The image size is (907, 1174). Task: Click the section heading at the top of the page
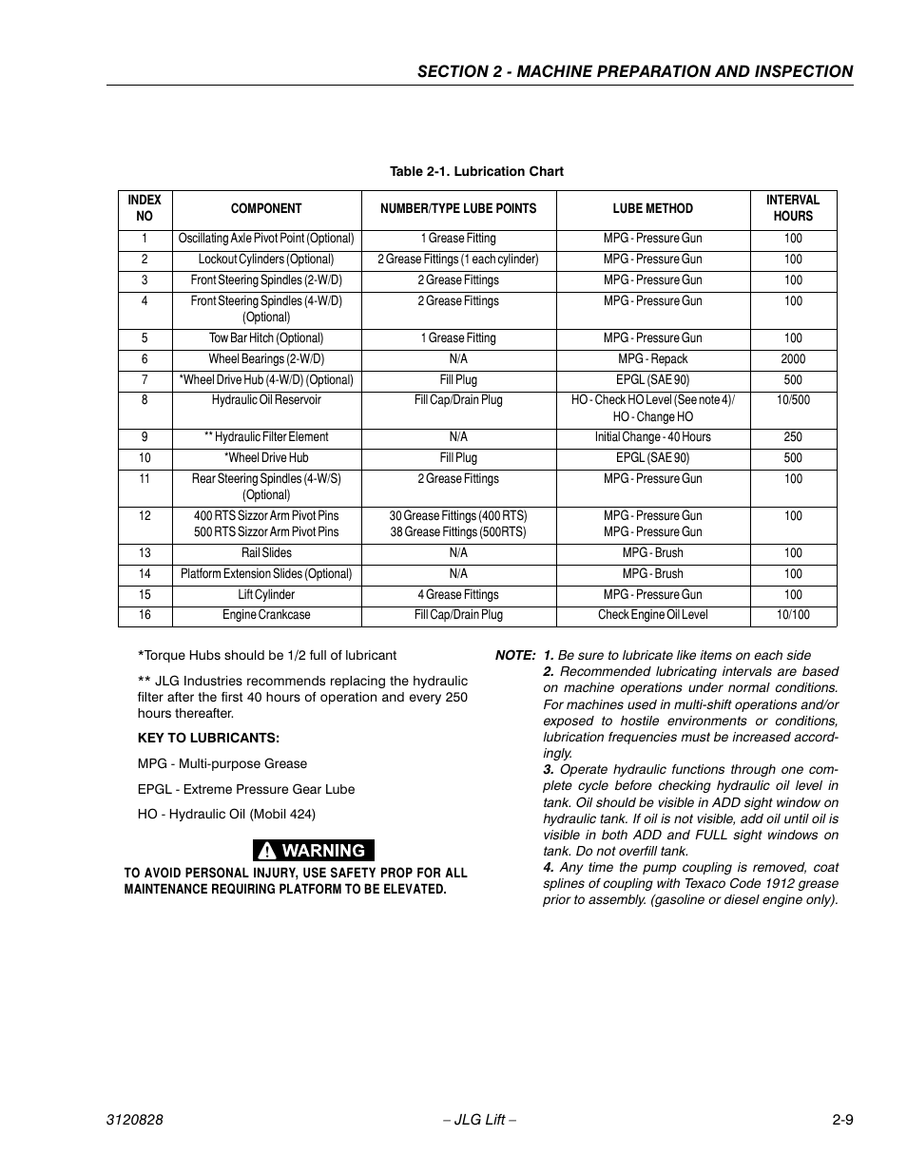634,71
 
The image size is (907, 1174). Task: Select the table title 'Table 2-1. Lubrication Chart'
476,172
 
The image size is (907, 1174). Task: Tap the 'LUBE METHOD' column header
652,208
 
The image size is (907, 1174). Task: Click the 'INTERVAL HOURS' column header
793,208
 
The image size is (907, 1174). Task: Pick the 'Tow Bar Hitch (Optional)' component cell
266,338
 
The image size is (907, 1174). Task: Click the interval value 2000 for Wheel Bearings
793,359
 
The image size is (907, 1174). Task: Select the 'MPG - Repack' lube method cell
652,359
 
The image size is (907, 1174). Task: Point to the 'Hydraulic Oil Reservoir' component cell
266,400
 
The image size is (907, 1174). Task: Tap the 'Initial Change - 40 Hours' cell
652,437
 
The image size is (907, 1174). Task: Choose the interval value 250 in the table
793,437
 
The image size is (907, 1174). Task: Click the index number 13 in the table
145,553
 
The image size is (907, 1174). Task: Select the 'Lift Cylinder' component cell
266,595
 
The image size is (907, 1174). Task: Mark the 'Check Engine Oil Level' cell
652,615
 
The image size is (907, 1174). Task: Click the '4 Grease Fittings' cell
458,595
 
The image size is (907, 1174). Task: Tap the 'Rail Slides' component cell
266,553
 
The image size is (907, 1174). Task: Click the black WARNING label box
314,851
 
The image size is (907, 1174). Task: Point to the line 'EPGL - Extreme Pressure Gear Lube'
245,789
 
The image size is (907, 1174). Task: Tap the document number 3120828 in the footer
134,1120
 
